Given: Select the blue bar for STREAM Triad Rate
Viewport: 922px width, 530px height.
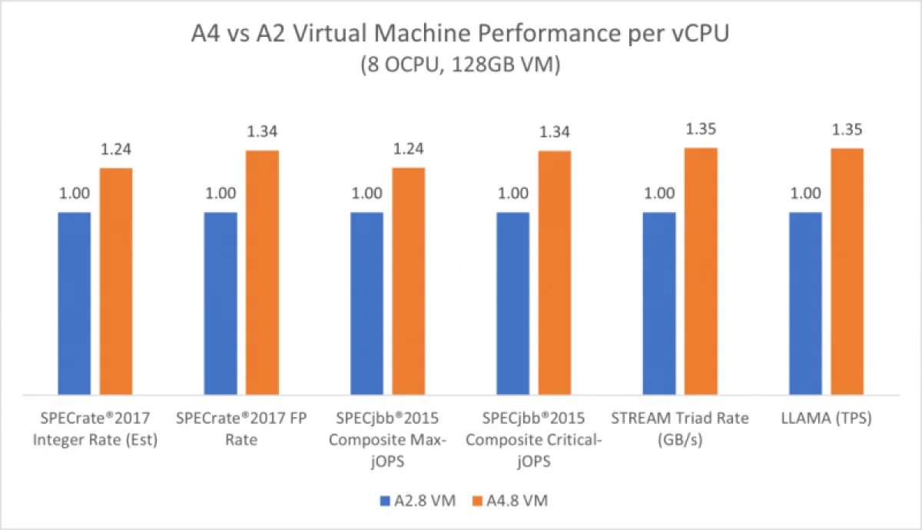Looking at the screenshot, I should click(659, 303).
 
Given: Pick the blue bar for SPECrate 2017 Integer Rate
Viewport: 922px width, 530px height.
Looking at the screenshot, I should click(75, 303).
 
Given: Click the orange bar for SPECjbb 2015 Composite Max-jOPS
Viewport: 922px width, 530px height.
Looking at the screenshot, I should click(409, 280).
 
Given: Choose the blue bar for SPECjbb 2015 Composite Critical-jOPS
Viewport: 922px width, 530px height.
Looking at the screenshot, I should click(513, 303).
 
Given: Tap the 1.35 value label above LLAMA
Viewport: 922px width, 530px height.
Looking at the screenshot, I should click(847, 130).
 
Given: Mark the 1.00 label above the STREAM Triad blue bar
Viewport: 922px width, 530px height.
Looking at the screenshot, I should click(659, 194).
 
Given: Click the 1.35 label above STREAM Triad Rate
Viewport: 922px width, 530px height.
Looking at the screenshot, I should click(701, 130).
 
